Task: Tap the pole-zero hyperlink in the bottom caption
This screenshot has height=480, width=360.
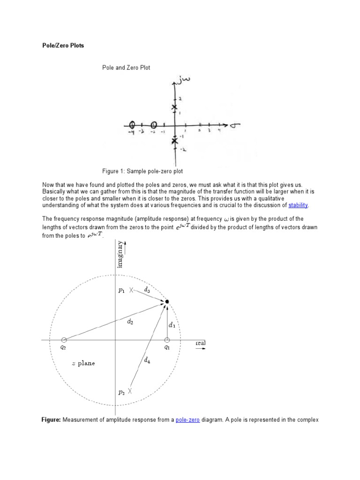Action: [187, 420]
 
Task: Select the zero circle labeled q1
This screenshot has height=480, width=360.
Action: [167, 340]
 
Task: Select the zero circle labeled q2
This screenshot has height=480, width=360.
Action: [64, 340]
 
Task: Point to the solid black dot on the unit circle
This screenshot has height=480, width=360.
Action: [167, 301]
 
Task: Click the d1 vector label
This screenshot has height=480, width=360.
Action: [172, 325]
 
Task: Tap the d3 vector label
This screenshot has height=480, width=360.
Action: [147, 290]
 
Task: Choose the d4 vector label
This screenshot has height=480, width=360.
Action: [147, 360]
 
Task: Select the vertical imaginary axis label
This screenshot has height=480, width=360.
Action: [120, 256]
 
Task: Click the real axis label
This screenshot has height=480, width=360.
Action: [201, 343]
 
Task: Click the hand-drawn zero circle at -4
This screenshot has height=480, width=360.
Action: [132, 125]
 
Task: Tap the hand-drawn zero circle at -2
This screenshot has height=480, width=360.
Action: [154, 125]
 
